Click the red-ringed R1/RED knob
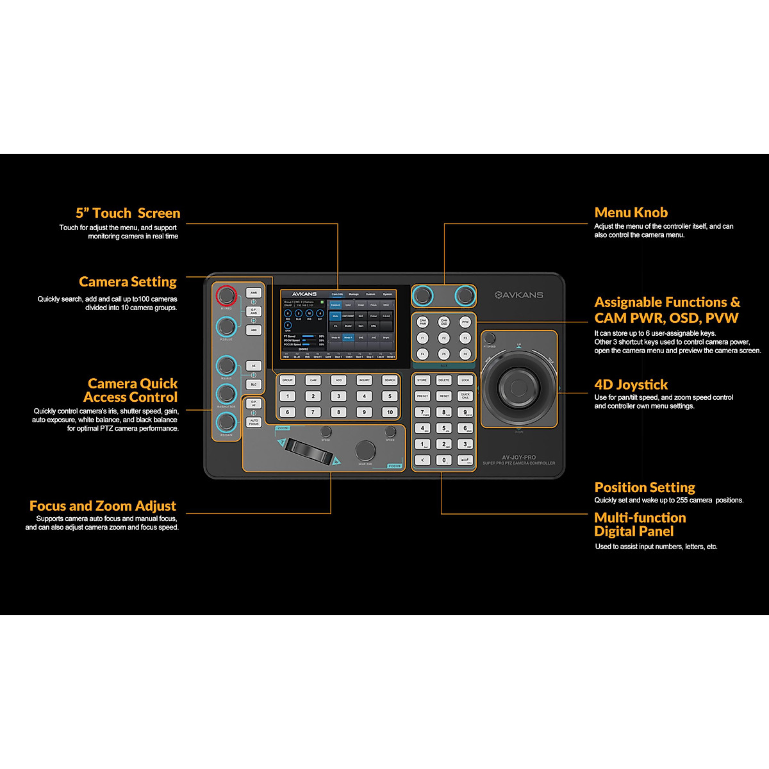click(226, 296)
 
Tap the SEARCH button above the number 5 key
click(390, 380)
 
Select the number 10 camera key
click(390, 412)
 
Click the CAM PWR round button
click(422, 322)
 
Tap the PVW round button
click(465, 322)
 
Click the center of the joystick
click(518, 387)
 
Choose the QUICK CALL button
click(465, 396)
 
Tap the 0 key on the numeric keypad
click(443, 460)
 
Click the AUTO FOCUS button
click(254, 422)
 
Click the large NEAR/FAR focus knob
click(365, 450)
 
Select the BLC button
click(254, 384)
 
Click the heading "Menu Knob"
click(631, 213)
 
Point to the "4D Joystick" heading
click(631, 384)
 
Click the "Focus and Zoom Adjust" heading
click(103, 506)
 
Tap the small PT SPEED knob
click(490, 338)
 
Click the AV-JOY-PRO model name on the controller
click(518, 458)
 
